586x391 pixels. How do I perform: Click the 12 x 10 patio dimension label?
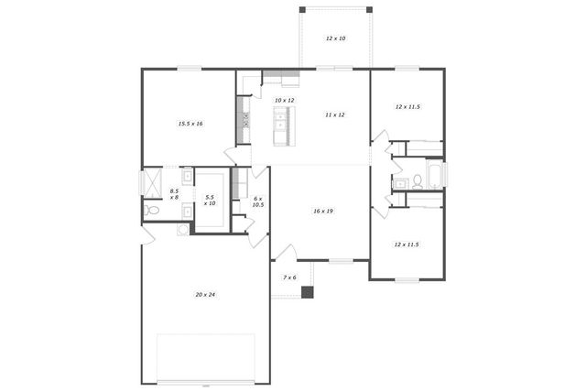336,38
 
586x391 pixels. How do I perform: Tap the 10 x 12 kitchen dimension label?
285,100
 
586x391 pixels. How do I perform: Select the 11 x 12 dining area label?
335,114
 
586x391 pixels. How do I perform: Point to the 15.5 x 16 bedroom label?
190,123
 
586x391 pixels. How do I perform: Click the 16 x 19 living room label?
322,211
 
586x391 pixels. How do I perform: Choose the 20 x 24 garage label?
205,294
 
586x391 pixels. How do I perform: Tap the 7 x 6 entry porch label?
289,277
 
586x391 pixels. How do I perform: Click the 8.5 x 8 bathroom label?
174,194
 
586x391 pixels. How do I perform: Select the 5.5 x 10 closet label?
210,200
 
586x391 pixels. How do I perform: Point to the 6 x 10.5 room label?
258,201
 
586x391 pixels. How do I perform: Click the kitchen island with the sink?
283,125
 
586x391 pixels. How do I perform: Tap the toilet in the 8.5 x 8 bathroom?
153,211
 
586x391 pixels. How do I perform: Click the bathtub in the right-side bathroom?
434,176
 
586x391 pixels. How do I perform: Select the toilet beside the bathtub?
417,180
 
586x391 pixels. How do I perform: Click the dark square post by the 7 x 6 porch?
308,293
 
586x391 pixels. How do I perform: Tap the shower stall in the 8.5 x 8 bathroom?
151,179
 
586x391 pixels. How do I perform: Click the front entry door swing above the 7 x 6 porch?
287,253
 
